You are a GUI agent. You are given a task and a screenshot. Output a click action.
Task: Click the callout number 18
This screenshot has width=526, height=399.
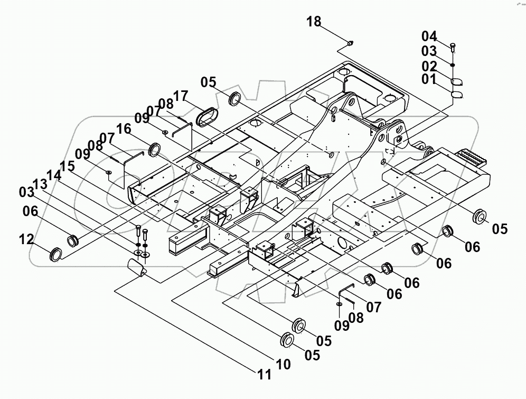313,22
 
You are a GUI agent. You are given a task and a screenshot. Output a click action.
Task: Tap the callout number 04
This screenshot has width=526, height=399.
429,36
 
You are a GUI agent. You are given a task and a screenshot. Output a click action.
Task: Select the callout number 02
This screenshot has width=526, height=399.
429,67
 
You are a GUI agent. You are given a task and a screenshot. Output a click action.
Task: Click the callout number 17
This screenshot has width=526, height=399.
180,96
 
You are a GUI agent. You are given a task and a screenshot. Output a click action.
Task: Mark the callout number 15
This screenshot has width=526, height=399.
67,165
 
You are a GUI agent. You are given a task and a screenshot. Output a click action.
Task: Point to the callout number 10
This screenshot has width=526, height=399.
282,364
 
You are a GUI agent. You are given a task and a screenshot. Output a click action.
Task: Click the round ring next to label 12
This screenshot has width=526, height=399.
55,255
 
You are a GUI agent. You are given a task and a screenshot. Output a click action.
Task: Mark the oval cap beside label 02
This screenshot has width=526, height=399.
457,81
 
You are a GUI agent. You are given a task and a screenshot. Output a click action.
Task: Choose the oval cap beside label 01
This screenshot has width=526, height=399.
457,94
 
